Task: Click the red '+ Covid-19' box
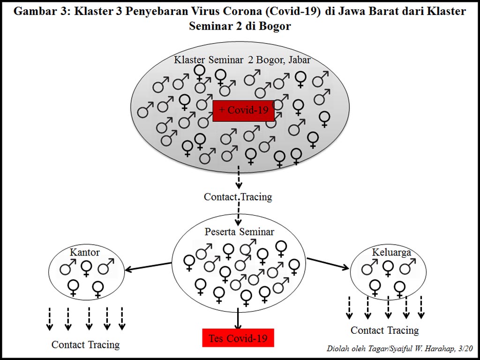tap(243, 111)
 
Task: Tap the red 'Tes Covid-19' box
tap(238, 338)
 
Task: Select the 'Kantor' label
tap(85, 252)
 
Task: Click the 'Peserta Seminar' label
tap(239, 232)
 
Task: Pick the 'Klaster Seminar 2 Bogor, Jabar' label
tap(242, 60)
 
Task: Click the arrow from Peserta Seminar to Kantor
tap(149, 266)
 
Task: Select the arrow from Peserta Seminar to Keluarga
tap(328, 263)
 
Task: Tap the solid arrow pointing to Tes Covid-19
tap(238, 318)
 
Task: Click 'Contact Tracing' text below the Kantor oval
tap(85, 345)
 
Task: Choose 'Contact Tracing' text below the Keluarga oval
tap(384, 330)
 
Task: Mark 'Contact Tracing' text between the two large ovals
tap(238, 197)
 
